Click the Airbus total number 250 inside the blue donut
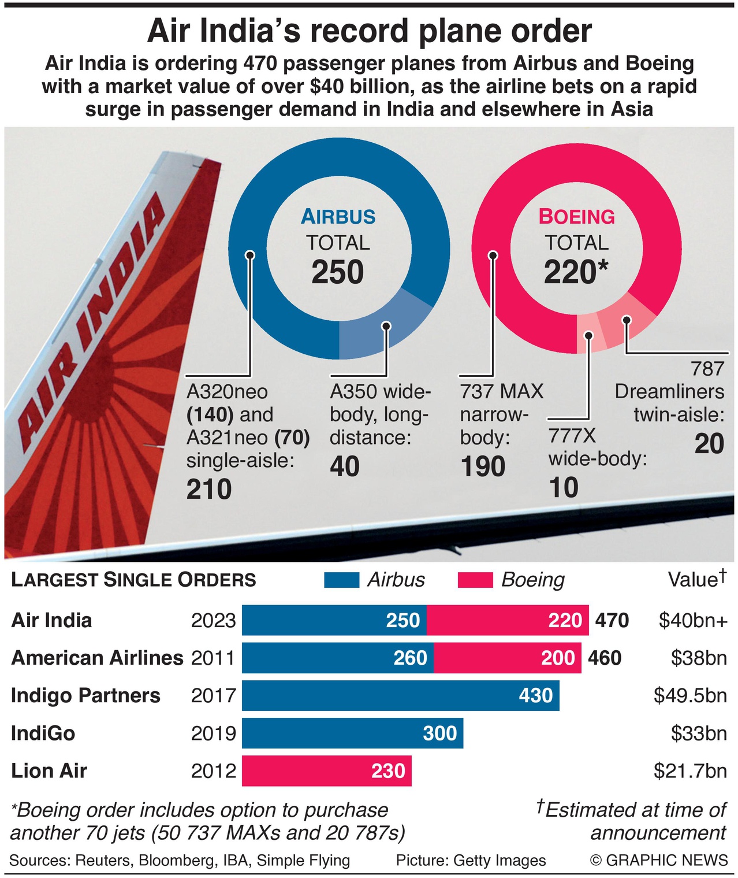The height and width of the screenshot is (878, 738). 338,272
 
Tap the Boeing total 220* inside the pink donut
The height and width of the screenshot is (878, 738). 576,272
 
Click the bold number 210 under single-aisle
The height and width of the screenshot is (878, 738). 209,490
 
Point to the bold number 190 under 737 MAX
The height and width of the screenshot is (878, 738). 483,467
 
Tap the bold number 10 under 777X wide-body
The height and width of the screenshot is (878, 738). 564,488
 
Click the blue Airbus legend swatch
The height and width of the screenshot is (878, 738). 342,580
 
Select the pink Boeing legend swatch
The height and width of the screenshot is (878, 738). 475,580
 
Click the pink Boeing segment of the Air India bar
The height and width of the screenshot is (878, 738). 507,620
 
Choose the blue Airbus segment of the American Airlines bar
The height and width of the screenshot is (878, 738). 337,658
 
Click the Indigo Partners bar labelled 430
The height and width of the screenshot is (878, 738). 400,695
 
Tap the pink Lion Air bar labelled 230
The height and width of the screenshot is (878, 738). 326,770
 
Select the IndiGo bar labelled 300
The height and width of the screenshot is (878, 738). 352,733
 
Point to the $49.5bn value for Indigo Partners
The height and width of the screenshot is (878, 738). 690,695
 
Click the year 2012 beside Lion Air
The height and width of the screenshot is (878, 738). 214,770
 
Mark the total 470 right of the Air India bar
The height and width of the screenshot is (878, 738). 612,620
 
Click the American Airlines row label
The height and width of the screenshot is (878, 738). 97,658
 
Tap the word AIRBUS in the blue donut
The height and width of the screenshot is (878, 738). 338,217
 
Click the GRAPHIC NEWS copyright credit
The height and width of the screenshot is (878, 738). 659,860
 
